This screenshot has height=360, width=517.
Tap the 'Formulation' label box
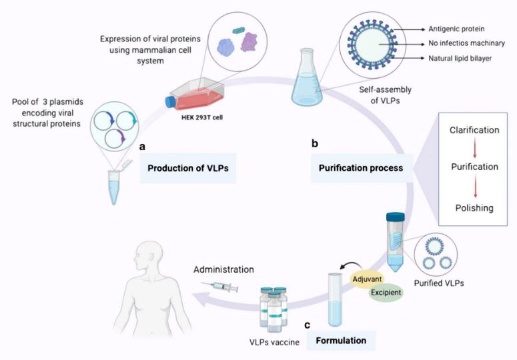[341, 340]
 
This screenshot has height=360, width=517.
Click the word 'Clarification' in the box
[474, 130]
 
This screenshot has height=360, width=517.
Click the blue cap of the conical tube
[396, 217]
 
